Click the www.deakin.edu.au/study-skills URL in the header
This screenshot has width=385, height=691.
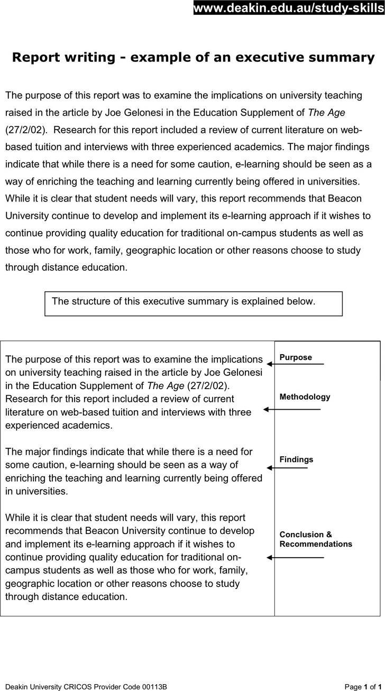point(289,7)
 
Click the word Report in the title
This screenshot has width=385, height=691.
point(36,58)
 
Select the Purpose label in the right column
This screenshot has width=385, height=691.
point(296,357)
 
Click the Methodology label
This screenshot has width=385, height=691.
point(305,397)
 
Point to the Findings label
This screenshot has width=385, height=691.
point(296,459)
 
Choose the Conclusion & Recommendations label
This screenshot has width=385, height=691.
point(315,539)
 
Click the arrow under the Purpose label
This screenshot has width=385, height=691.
point(295,364)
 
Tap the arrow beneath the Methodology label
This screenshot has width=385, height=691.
point(292,409)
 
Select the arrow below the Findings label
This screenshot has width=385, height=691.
point(287,468)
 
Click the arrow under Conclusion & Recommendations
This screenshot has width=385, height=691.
point(295,557)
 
